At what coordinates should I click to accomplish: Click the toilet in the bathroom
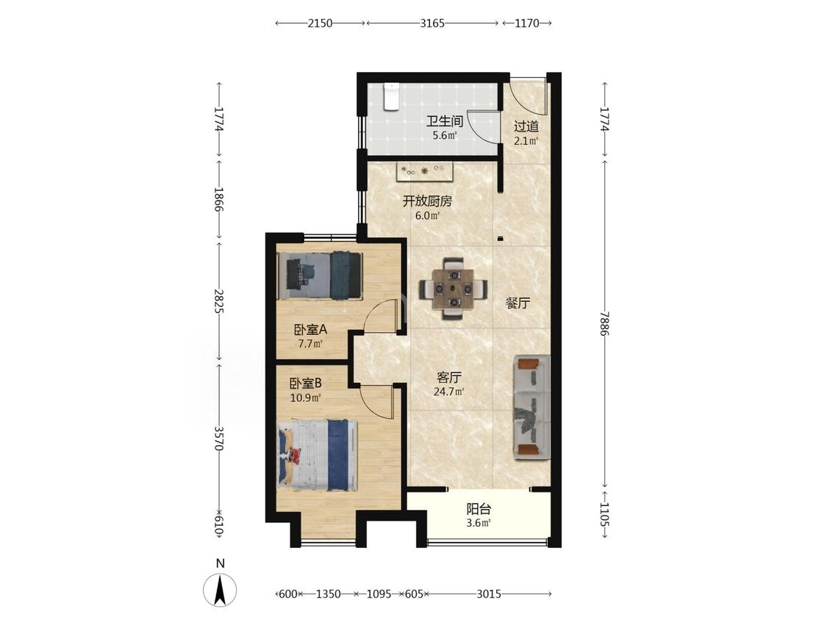coord(390,97)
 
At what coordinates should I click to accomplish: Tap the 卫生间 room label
coord(445,122)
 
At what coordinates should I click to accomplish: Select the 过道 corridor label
coord(526,126)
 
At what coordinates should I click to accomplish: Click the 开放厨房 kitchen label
coord(428,201)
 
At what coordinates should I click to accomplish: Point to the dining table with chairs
coord(454,289)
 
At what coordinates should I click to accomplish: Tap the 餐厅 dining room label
coord(518,303)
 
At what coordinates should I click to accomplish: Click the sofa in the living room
coord(531,408)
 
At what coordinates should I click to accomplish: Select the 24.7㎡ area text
coord(449,392)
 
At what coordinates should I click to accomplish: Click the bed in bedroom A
coord(321,275)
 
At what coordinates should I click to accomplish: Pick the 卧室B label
coord(305,383)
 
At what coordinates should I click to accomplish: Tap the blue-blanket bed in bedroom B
coord(318,455)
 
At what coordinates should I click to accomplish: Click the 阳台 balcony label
coord(479,509)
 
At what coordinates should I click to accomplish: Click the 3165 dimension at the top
coord(432,24)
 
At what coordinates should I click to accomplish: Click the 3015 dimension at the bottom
coord(489,594)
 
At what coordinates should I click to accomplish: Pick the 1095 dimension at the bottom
coord(379,594)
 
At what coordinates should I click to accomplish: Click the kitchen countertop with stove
coord(425,171)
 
